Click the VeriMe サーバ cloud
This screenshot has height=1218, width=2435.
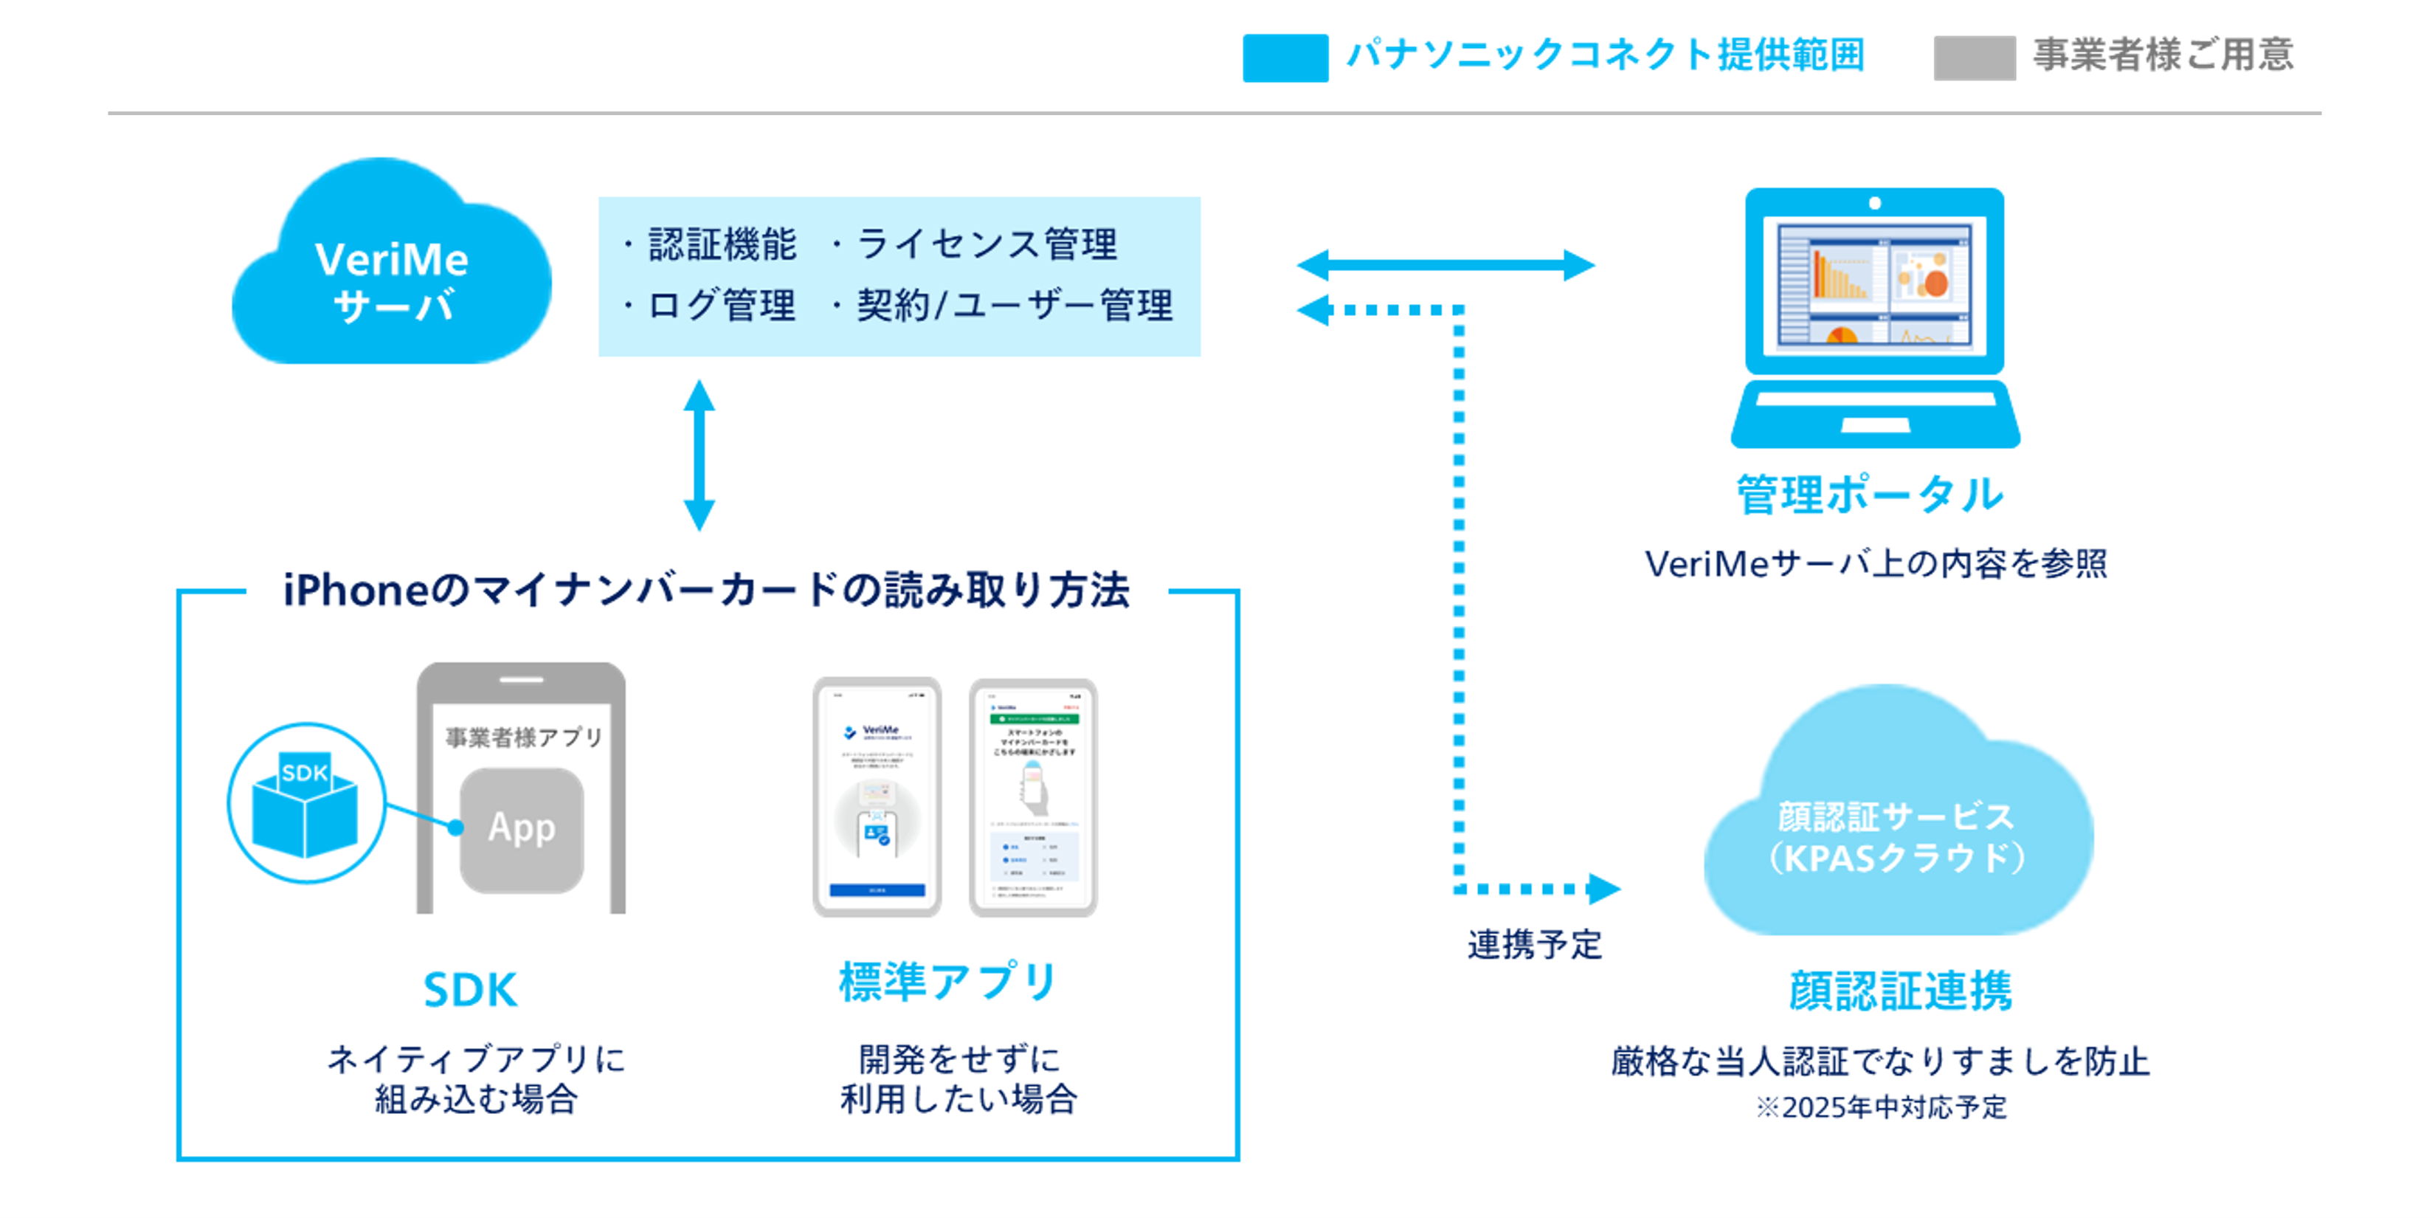[391, 275]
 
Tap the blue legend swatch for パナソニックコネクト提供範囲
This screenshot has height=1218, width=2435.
[1285, 58]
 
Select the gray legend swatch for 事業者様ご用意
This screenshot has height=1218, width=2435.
[1974, 58]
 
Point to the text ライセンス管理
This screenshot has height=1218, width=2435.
[986, 245]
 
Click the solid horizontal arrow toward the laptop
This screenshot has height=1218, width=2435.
[1446, 265]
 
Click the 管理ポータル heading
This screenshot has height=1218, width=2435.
[1869, 495]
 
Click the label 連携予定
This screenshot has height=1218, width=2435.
[1534, 943]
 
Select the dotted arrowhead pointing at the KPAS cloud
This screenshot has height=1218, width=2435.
[1603, 889]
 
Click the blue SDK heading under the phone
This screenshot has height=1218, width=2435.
[470, 990]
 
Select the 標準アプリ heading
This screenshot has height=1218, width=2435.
[948, 982]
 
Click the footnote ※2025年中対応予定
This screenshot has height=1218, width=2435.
[1881, 1107]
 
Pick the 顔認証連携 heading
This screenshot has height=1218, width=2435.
[1900, 991]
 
